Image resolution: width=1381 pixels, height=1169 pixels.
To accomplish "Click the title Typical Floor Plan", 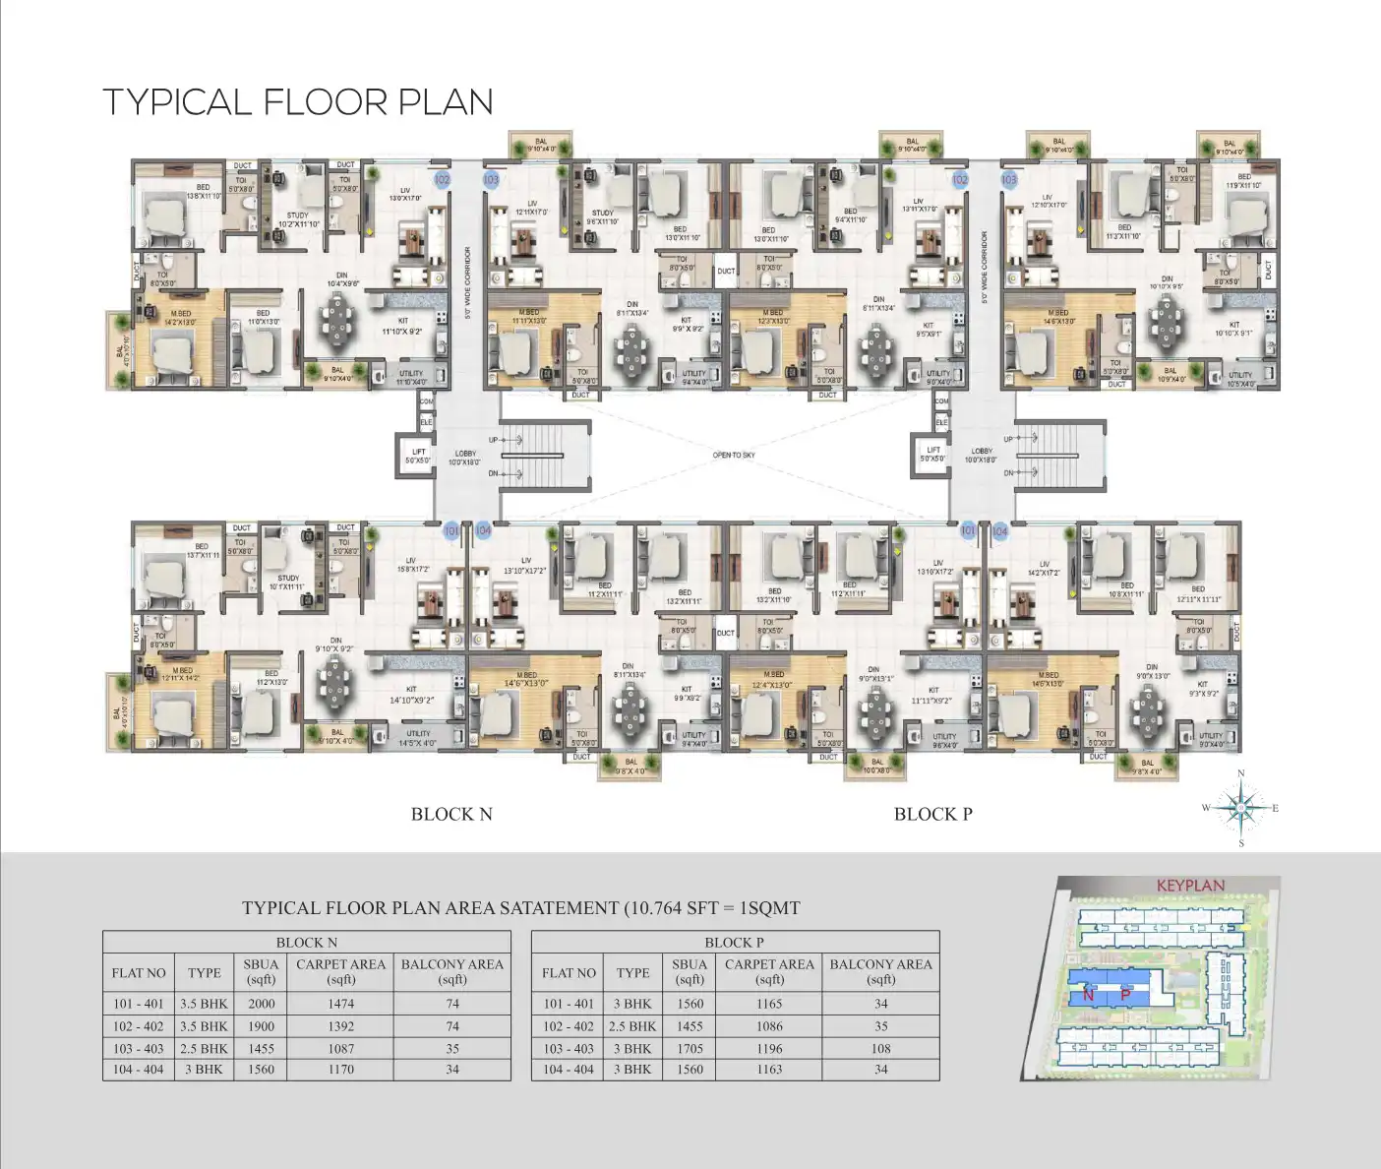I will (x=298, y=102).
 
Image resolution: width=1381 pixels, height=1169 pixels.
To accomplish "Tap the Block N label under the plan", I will (x=451, y=814).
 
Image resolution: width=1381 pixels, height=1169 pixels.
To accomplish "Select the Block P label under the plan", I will (x=932, y=814).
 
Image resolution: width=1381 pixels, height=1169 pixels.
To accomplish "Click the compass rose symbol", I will (x=1240, y=808).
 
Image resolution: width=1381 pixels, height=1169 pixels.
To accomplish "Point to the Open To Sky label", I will (x=734, y=456).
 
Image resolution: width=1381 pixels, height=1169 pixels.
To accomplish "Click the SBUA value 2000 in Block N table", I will (x=261, y=1004).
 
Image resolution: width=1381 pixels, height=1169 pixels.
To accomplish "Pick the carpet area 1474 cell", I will (x=341, y=1004).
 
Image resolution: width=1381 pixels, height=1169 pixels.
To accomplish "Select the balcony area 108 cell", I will (x=880, y=1049).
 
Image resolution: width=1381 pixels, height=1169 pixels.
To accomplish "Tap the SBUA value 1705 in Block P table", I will (x=690, y=1049).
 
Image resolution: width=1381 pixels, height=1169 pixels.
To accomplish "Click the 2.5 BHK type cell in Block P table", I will (x=633, y=1026).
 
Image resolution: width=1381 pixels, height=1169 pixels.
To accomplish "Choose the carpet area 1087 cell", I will (x=341, y=1049).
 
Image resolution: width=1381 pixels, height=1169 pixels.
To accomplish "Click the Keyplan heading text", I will (x=1190, y=886).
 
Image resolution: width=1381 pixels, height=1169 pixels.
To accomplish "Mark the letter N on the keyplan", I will (x=1089, y=995).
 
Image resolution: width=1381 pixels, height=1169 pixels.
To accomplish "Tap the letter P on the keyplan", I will (x=1125, y=995).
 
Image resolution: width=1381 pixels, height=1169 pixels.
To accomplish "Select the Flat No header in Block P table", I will (x=569, y=973).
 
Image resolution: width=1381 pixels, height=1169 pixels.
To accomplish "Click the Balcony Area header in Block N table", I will (x=451, y=971).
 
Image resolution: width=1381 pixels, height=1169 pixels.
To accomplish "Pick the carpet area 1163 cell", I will (x=769, y=1070).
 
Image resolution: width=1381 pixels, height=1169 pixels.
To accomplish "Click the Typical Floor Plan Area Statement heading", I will (x=521, y=908).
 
